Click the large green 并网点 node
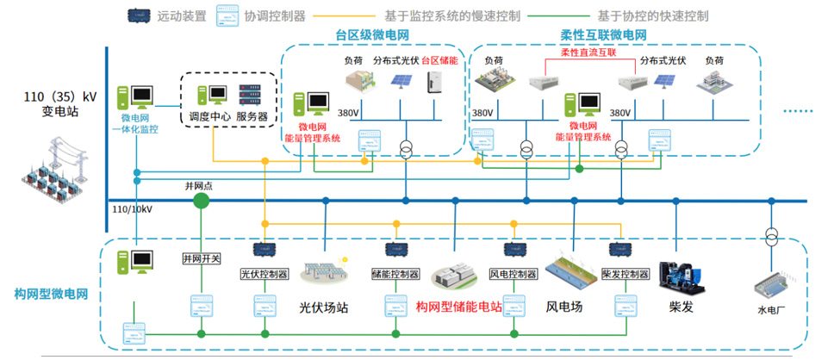[x=201, y=201]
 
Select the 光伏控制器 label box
[x=264, y=275]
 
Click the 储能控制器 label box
[x=395, y=275]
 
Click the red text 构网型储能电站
[x=458, y=307]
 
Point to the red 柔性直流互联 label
[x=588, y=53]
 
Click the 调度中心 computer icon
[x=207, y=95]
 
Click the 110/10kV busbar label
[x=132, y=209]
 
